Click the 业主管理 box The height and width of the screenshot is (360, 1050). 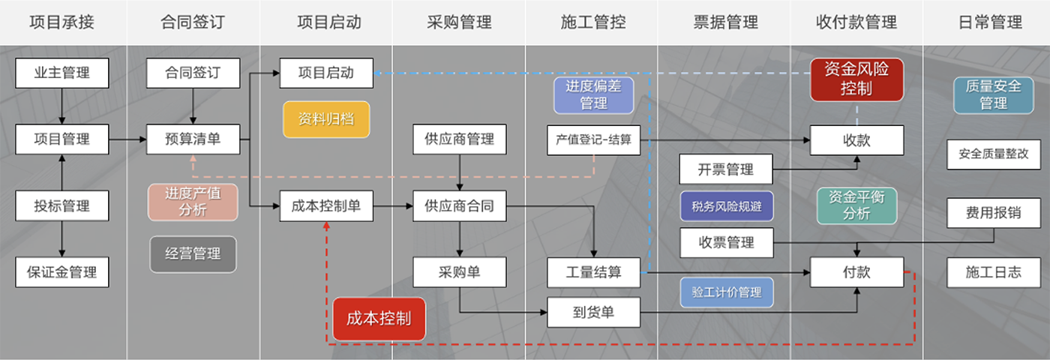[62, 73]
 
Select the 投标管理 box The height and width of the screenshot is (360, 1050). [62, 205]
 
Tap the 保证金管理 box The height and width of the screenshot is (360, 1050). [62, 272]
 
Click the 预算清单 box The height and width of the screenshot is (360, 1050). [193, 139]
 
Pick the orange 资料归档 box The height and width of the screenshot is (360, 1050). [326, 119]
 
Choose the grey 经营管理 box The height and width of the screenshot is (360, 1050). [193, 254]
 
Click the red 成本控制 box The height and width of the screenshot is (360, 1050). [379, 319]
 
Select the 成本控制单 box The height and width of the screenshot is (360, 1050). [326, 206]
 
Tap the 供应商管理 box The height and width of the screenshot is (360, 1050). [459, 139]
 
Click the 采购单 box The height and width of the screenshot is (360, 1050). [459, 272]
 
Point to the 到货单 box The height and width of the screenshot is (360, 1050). [593, 312]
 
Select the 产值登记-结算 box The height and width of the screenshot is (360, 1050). [593, 139]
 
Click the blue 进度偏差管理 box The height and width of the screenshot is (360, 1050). [593, 95]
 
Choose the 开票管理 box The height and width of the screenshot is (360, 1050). [725, 169]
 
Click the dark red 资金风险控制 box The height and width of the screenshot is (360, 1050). [856, 79]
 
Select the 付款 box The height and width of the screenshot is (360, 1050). [856, 272]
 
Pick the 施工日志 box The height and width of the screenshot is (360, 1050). [993, 272]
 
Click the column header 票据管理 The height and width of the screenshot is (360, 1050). [725, 22]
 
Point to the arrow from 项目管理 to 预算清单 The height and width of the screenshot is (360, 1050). [127, 139]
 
